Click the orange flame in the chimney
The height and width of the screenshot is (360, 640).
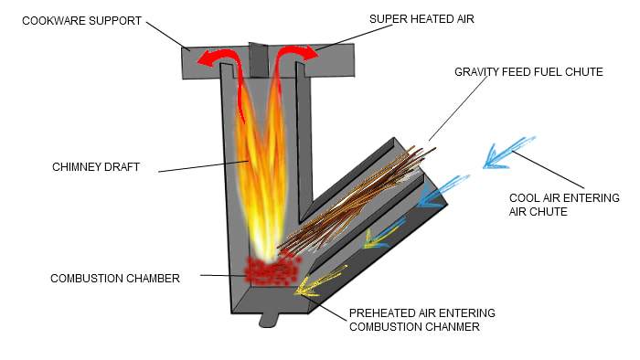click(x=259, y=174)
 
